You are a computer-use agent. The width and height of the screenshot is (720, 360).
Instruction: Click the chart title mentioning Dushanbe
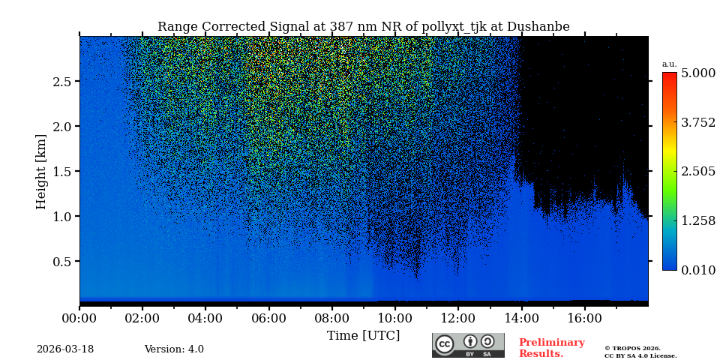363,27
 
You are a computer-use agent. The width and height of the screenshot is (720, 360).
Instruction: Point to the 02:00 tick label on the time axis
142,318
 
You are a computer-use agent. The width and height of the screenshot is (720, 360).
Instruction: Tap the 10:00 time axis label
394,318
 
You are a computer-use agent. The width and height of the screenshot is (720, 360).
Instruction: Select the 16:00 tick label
583,318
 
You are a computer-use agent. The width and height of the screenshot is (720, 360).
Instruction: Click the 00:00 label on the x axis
79,318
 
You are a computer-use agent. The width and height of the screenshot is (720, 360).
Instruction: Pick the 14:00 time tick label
520,318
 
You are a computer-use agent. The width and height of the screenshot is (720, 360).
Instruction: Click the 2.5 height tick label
61,82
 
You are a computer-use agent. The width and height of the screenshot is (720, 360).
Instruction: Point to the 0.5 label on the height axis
61,262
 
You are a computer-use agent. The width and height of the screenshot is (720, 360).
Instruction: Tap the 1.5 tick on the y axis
61,172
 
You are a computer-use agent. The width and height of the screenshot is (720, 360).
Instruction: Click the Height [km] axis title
41,171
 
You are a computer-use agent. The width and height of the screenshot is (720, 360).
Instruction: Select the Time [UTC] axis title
363,335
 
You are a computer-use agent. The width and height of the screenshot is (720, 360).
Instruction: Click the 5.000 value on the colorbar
697,73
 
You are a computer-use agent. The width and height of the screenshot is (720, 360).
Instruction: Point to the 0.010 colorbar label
697,270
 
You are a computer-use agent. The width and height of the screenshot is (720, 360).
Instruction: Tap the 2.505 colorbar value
697,172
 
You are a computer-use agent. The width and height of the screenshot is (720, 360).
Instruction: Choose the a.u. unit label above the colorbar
669,64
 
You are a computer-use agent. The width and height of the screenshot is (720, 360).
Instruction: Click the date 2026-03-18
65,349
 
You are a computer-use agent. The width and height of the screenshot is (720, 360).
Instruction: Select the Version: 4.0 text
174,349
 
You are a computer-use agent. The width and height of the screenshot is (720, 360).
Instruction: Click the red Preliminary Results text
551,348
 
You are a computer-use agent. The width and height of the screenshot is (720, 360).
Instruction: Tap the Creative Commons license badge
468,345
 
